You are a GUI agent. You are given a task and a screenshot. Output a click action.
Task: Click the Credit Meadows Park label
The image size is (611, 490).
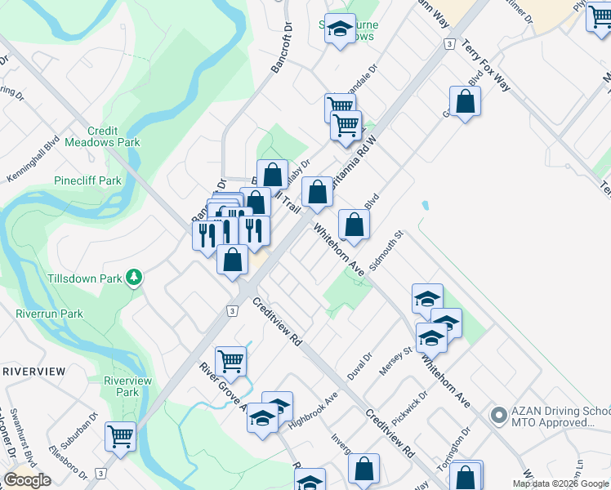tap(114, 136)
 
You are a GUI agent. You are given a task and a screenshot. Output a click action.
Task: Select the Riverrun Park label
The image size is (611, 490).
tap(49, 314)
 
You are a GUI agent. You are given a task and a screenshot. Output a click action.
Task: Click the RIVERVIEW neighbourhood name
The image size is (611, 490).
tap(33, 371)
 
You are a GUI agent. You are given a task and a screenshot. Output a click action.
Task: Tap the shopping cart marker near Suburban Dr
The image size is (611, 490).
tap(120, 436)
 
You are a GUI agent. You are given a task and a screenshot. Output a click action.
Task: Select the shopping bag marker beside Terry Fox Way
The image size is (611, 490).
tap(465, 102)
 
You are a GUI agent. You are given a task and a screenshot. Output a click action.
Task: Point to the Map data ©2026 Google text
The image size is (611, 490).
tap(560, 483)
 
